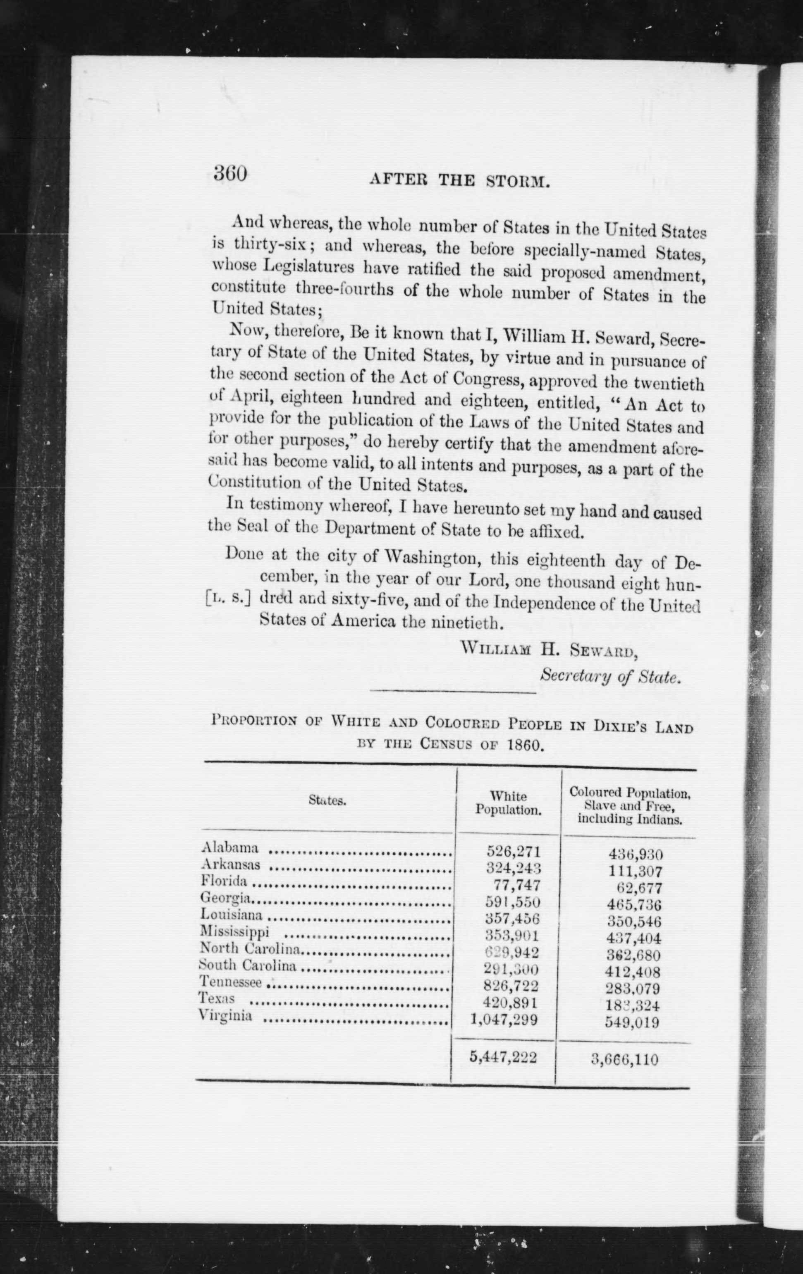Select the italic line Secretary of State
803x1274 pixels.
click(609, 676)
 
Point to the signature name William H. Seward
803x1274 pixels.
click(549, 649)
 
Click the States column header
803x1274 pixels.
click(327, 800)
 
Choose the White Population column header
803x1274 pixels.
click(508, 802)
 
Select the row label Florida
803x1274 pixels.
click(224, 881)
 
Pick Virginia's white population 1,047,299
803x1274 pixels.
click(504, 1019)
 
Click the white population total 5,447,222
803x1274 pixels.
click(504, 1057)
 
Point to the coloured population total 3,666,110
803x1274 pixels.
click(625, 1059)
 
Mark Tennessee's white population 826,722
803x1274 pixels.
click(511, 985)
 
